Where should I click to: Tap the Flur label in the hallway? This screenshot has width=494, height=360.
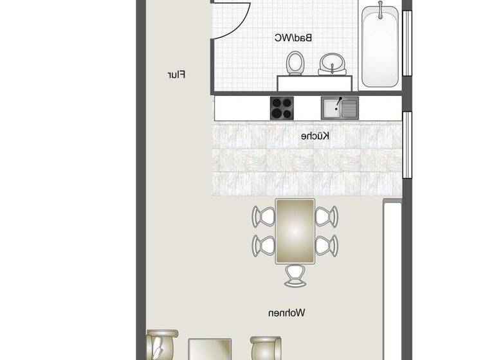click(x=176, y=75)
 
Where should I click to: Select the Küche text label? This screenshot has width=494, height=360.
click(x=316, y=136)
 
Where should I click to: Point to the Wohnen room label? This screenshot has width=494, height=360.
click(x=287, y=313)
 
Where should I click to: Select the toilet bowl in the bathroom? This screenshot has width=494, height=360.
click(x=295, y=63)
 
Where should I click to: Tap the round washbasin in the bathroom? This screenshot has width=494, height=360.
click(x=333, y=62)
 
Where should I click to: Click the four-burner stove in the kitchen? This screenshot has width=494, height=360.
click(x=282, y=108)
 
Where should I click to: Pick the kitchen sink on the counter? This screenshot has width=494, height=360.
click(x=340, y=108)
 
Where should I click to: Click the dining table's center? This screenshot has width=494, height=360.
click(x=295, y=231)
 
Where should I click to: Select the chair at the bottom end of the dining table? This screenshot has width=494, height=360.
click(x=295, y=274)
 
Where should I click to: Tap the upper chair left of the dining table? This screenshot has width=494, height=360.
click(x=264, y=216)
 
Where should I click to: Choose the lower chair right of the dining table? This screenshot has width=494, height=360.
click(x=327, y=244)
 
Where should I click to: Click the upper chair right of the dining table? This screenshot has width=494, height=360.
click(x=327, y=216)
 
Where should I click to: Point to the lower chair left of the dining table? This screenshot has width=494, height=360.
click(x=264, y=244)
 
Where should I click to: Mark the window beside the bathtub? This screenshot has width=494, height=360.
click(x=407, y=42)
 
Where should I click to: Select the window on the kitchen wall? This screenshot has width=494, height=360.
click(x=407, y=144)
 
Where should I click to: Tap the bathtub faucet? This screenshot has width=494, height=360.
click(x=381, y=10)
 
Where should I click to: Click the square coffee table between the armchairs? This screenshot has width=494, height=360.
click(x=210, y=350)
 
